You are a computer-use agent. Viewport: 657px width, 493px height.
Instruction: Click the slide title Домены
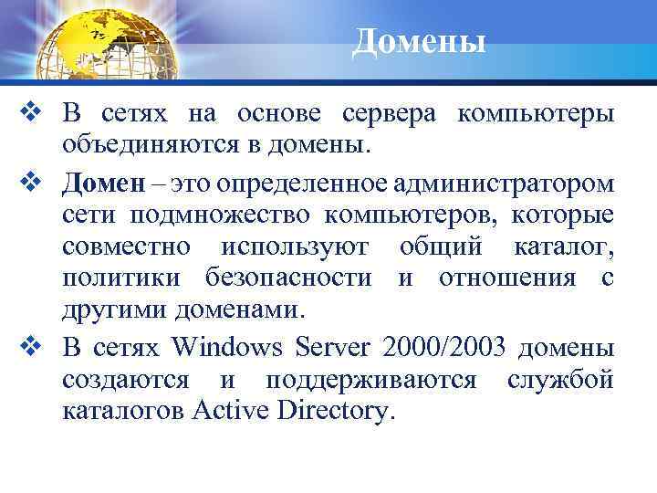point(419,40)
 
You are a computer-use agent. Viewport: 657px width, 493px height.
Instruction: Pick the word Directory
point(336,411)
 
